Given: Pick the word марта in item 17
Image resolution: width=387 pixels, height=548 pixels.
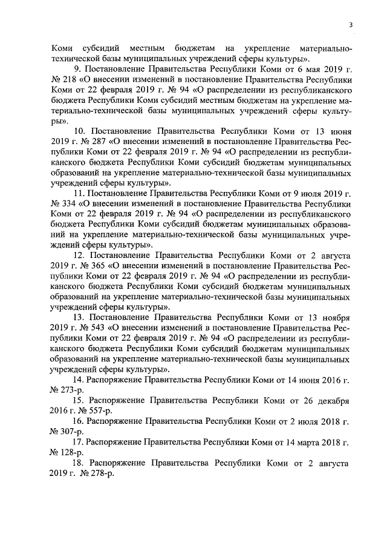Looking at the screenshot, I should click(x=307, y=440).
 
